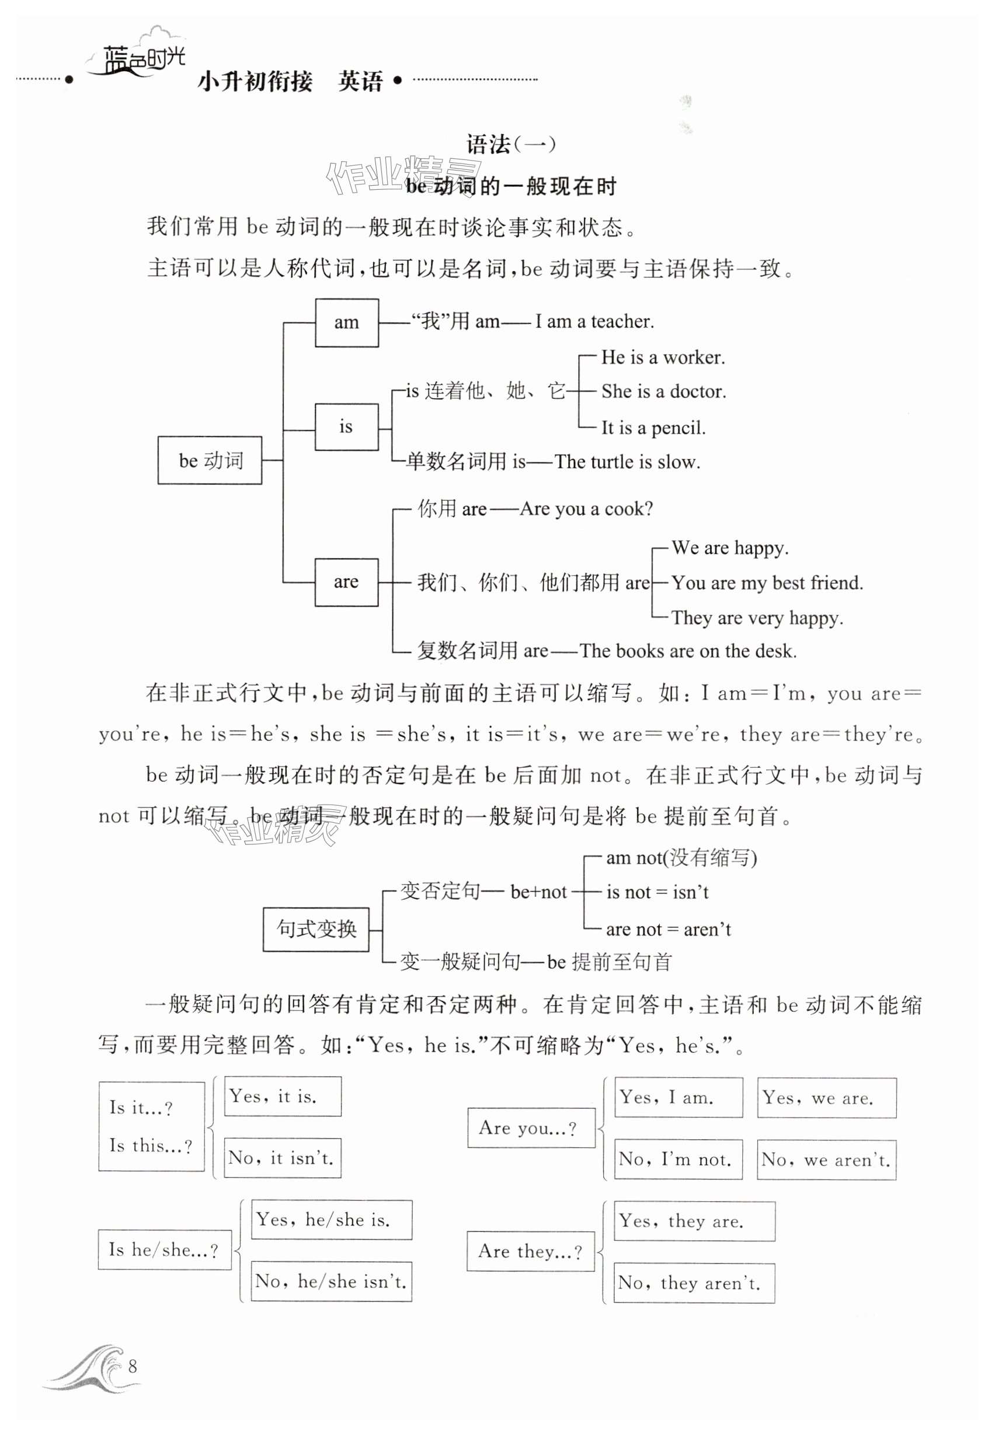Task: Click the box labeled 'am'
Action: click(347, 322)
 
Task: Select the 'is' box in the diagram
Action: click(346, 427)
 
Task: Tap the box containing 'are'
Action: click(346, 582)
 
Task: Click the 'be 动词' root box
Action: click(210, 460)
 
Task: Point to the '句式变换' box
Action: click(316, 929)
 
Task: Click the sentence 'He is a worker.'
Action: click(663, 358)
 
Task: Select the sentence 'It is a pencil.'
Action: click(653, 427)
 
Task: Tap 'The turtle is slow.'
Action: click(627, 462)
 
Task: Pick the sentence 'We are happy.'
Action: click(730, 548)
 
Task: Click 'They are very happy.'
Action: click(757, 618)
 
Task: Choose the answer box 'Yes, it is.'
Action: click(283, 1096)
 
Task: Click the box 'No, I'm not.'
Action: click(679, 1159)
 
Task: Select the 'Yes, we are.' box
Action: click(826, 1097)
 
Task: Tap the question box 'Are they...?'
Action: click(531, 1251)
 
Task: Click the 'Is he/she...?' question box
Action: click(165, 1250)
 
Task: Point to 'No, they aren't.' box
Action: click(694, 1283)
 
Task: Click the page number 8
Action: click(132, 1366)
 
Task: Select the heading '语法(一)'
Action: click(510, 145)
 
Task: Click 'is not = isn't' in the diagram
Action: click(657, 892)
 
